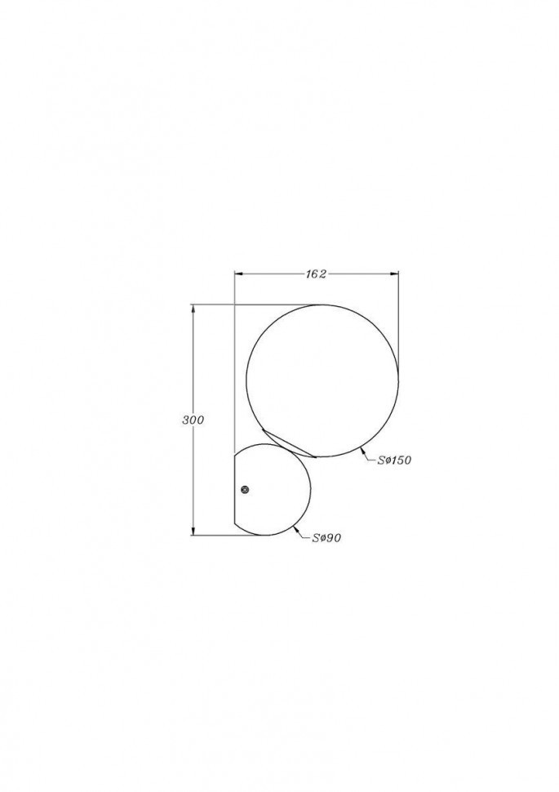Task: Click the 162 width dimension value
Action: [316, 274]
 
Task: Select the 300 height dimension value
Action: [193, 420]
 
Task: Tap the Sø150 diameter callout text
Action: [394, 461]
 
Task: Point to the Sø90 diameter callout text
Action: [326, 538]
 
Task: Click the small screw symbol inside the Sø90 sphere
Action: [246, 489]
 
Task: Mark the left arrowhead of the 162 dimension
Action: [239, 274]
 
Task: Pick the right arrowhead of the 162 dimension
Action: [394, 274]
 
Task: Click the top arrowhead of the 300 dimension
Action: [193, 309]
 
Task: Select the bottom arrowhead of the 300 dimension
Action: [193, 531]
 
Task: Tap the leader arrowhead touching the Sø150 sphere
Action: [362, 451]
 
